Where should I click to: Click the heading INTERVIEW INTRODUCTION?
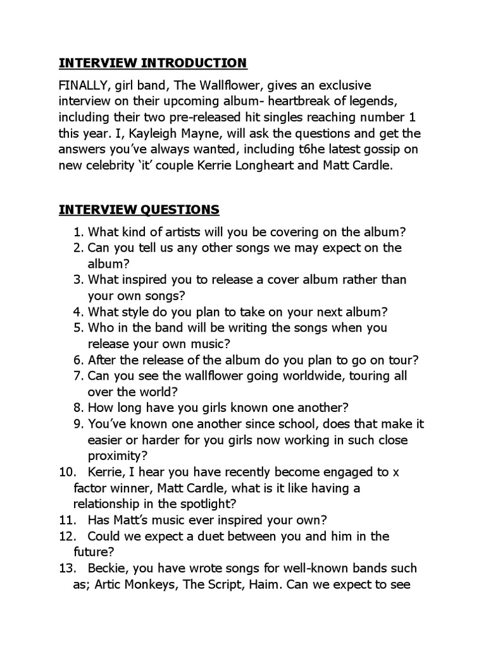coord(153,63)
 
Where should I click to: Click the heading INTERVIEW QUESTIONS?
coord(139,209)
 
